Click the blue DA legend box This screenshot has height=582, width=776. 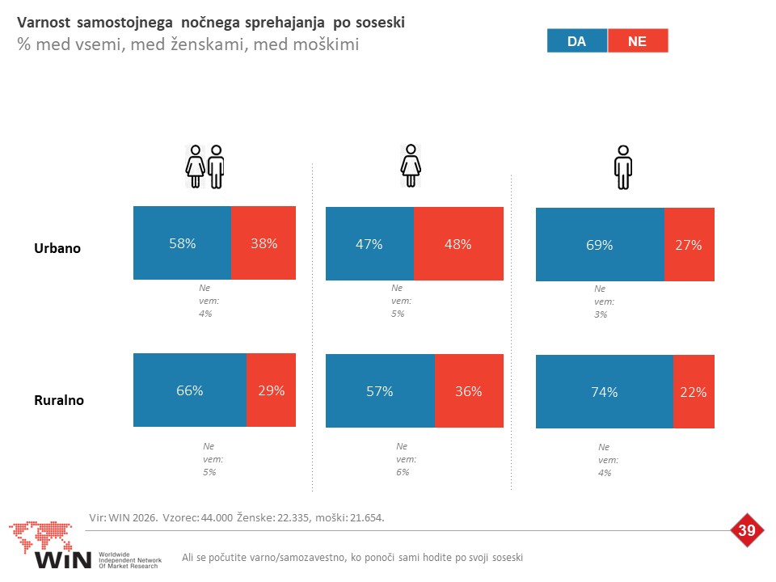pos(577,40)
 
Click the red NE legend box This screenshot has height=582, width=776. pos(638,40)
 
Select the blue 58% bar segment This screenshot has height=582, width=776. pos(182,243)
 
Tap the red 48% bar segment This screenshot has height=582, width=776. pos(459,243)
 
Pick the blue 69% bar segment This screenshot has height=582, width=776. pos(600,244)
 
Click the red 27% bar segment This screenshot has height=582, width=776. pos(690,244)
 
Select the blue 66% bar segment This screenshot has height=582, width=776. pos(190,390)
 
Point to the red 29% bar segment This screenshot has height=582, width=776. pos(272,390)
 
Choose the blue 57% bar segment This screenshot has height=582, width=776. pos(380,391)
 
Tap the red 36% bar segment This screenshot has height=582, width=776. pos(469,391)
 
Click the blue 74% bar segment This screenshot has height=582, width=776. pos(605,391)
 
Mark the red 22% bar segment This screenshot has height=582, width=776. pos(694,391)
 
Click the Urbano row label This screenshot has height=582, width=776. pos(57,248)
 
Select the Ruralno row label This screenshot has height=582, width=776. pos(59,400)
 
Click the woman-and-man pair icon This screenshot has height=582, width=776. pos(205,167)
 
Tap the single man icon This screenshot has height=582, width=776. pos(623,167)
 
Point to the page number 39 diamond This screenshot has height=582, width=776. pos(746,530)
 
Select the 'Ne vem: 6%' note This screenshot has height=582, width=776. pos(406,459)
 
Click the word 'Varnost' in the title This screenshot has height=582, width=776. pos(44,23)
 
